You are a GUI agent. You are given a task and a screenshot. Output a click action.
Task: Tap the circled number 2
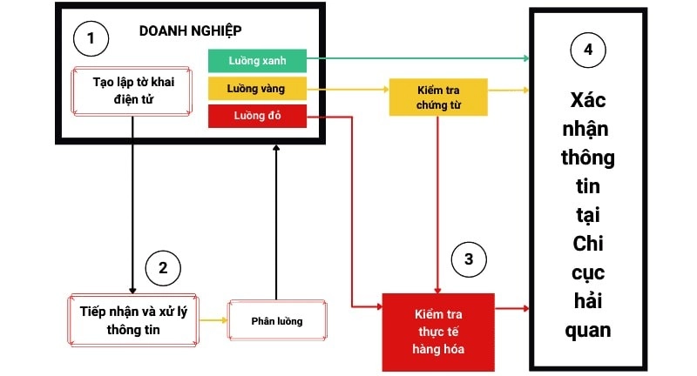click(x=162, y=267)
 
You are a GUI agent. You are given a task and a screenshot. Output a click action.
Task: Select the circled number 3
click(x=469, y=258)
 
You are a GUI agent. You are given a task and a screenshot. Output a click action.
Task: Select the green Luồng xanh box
click(x=257, y=60)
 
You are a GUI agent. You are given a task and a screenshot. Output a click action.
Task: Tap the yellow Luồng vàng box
click(x=257, y=89)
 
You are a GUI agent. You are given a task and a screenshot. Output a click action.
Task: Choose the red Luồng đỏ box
click(x=257, y=116)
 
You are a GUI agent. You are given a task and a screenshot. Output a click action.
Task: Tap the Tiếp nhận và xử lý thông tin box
click(x=132, y=320)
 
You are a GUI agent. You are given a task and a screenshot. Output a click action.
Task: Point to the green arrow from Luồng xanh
click(x=418, y=59)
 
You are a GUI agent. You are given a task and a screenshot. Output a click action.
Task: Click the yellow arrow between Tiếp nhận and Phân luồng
click(x=213, y=320)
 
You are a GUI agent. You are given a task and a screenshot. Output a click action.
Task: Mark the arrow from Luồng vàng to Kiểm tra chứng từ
click(x=348, y=90)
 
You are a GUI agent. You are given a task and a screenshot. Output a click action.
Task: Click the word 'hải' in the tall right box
click(x=588, y=301)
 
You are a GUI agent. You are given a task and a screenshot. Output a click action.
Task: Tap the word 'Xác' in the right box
click(x=588, y=100)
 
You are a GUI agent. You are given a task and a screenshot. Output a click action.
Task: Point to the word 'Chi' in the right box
click(x=588, y=244)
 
